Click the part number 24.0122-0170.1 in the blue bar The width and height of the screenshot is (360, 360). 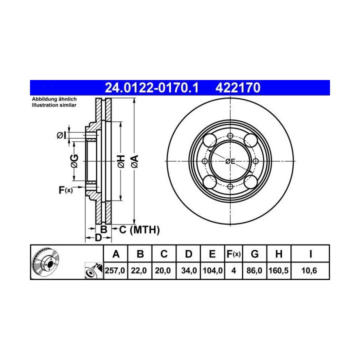pos(151,87)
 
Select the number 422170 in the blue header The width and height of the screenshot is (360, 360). pos(238,87)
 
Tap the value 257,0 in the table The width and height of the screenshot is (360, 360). pos(115,270)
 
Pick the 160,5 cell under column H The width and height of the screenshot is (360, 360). pos(278,270)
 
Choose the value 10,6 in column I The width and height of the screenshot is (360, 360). pos(309,270)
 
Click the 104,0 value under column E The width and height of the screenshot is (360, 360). pos(212,270)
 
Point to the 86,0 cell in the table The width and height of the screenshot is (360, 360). pos(254,270)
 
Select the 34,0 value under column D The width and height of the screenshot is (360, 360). pos(189,270)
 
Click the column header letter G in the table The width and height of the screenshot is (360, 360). pos(254,254)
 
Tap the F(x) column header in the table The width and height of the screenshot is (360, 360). pos(233,254)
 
